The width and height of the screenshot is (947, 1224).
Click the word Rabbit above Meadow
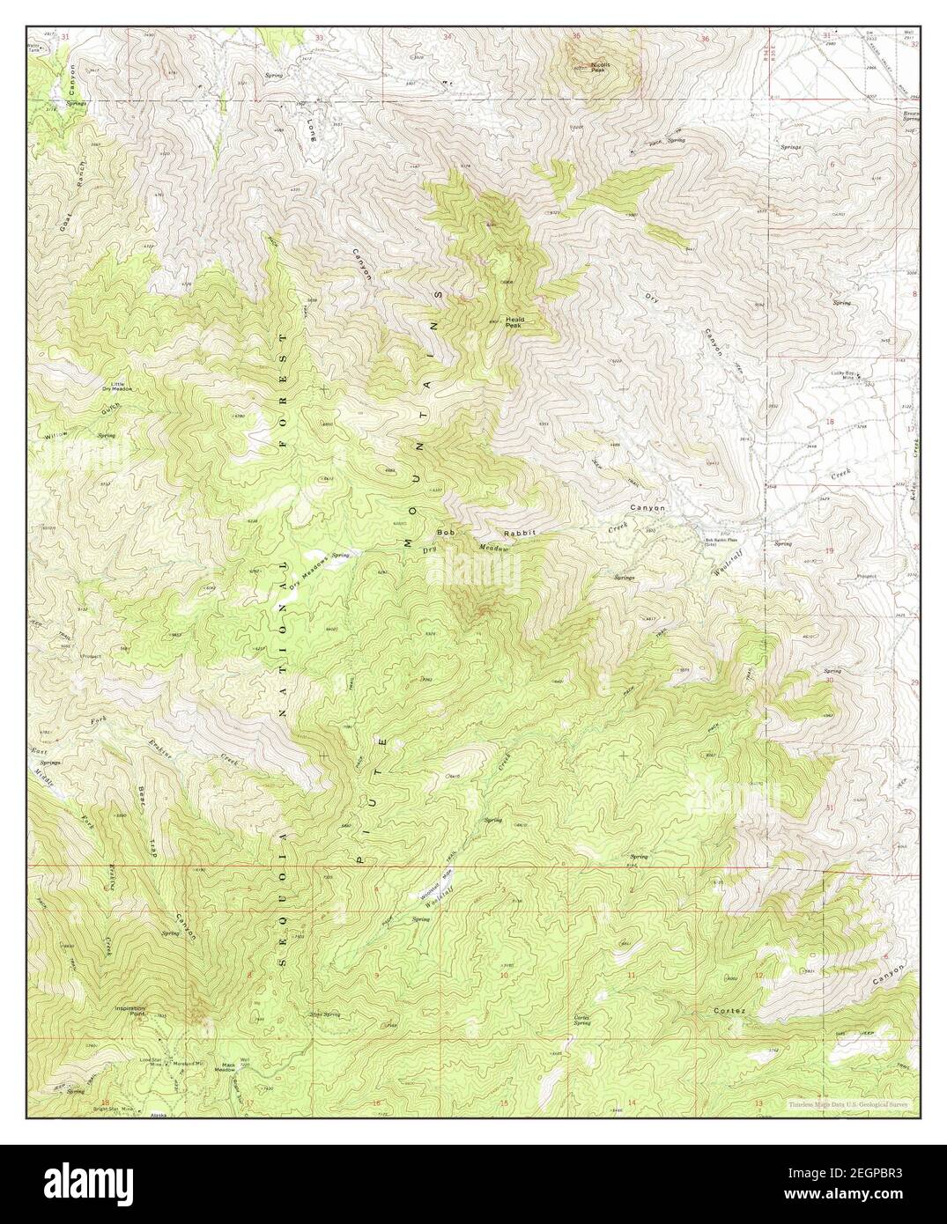pos(519,534)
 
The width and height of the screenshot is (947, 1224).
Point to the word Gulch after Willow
pos(110,408)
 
